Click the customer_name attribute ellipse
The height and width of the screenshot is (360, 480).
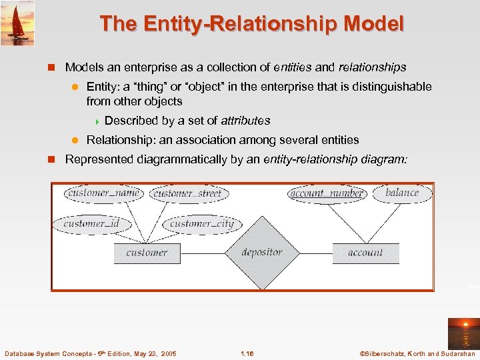(x=103, y=193)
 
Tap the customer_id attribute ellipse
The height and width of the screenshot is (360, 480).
(x=91, y=224)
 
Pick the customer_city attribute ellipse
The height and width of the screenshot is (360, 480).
(x=202, y=224)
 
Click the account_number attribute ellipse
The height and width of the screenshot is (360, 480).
(x=327, y=193)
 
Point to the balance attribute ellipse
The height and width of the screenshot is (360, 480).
(x=402, y=193)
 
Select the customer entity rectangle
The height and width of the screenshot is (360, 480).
(x=147, y=253)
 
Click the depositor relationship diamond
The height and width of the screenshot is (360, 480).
(x=262, y=253)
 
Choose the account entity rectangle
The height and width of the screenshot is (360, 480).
(x=365, y=253)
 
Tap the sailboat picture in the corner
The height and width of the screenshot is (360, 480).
(x=17, y=23)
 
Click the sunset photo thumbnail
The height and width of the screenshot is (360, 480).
(x=462, y=333)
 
